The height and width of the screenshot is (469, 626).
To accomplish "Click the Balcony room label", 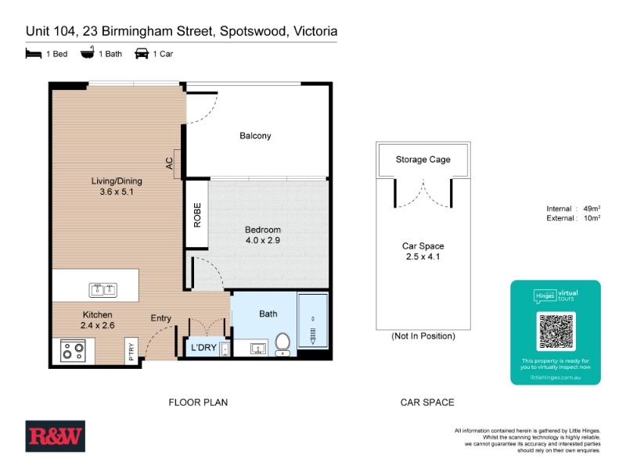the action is click(x=255, y=135).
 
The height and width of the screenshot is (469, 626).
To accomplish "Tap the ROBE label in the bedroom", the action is click(x=197, y=216).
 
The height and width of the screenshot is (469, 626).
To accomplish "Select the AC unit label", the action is click(x=170, y=163).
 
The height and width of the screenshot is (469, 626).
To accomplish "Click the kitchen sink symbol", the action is click(x=103, y=290).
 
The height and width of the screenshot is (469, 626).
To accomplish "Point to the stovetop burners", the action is click(x=73, y=351).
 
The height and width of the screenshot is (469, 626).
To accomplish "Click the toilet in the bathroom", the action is click(x=282, y=344).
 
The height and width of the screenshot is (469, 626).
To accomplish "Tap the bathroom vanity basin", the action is click(x=258, y=349).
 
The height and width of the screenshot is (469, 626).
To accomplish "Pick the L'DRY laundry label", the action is click(x=203, y=347).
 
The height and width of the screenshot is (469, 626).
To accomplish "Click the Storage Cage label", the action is click(x=423, y=159).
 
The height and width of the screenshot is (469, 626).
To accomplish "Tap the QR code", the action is click(x=556, y=331).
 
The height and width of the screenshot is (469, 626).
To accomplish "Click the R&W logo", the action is click(x=55, y=436).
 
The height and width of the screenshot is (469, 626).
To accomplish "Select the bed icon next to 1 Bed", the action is click(x=34, y=53).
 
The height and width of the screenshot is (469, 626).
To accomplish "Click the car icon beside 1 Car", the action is click(x=142, y=53).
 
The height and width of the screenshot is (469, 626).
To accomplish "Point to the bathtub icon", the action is click(x=88, y=53).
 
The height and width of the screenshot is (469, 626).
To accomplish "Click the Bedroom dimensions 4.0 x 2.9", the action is click(x=263, y=240).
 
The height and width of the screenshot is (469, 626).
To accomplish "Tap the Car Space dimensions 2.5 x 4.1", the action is click(x=423, y=256).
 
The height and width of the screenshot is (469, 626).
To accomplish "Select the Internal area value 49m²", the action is click(x=592, y=209).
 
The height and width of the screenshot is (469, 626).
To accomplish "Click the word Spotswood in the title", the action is click(x=253, y=31).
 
